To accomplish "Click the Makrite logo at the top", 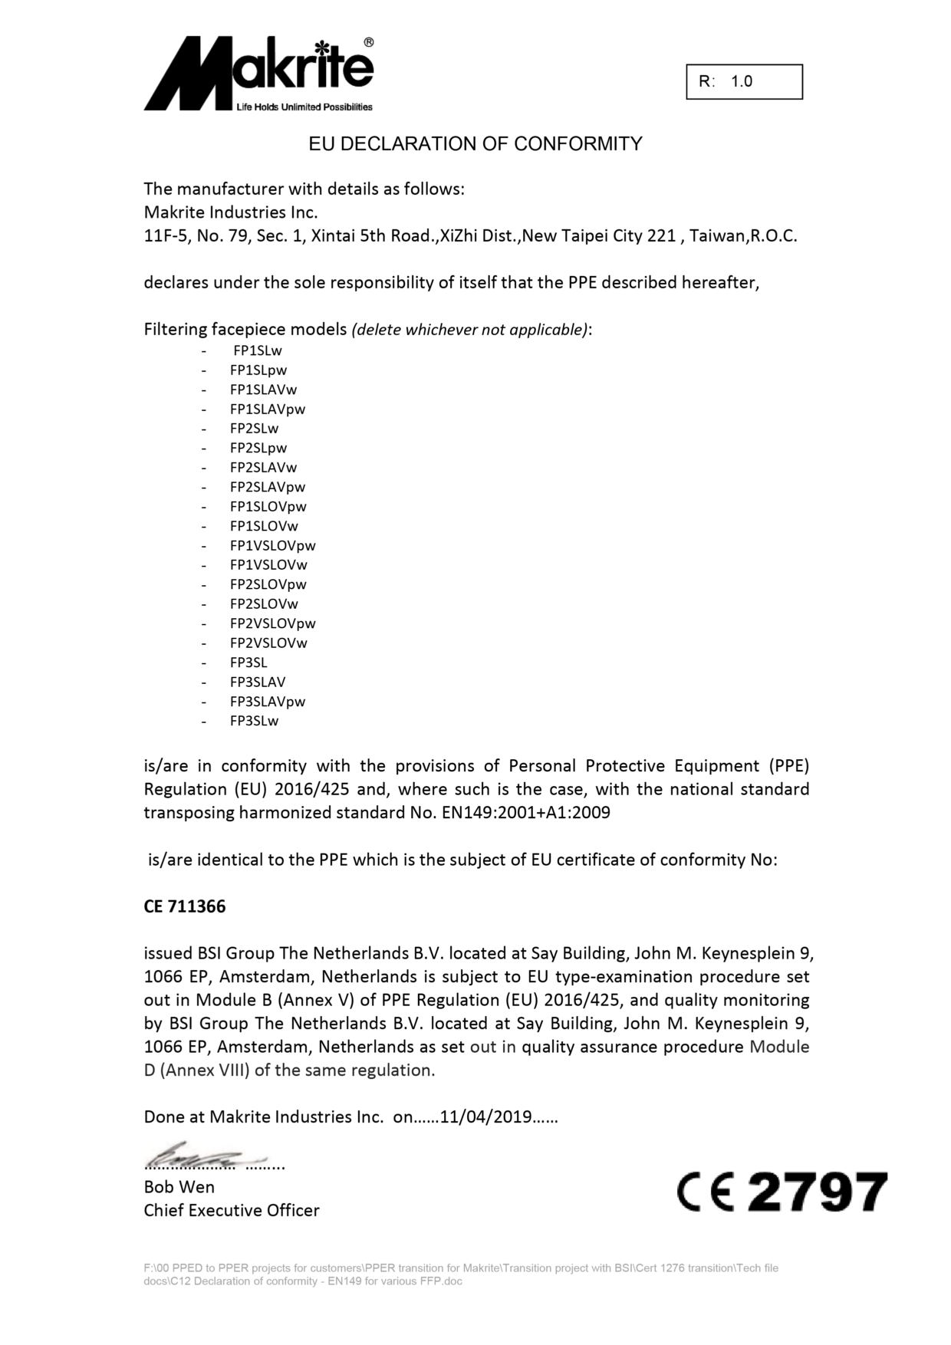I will [x=258, y=74].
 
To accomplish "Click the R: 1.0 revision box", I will [x=744, y=82].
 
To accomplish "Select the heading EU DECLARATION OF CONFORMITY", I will [x=475, y=144].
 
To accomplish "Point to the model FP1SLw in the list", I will [x=258, y=350].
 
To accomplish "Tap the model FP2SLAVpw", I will [x=267, y=487].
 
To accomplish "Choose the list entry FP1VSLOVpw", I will [x=272, y=545].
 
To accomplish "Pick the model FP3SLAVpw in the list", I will [x=267, y=701].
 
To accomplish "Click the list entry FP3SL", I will [x=248, y=663].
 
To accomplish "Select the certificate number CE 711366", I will [x=185, y=906].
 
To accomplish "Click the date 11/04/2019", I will [x=485, y=1116].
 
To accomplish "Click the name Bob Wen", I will [x=179, y=1187].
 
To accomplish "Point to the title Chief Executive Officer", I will [x=232, y=1211].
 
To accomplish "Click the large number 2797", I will [x=817, y=1192].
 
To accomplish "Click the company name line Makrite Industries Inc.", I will [x=231, y=212].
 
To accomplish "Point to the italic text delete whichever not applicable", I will [x=470, y=330].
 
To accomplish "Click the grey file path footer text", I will [x=460, y=1274].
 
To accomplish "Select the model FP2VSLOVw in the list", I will [x=268, y=643].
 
